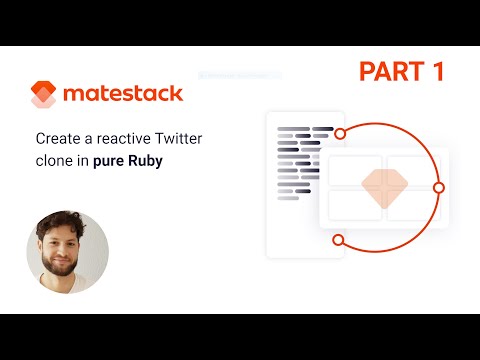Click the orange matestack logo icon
(40, 93)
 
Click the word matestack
(122, 94)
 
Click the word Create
(58, 140)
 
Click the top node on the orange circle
(340, 132)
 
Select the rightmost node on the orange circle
(438, 187)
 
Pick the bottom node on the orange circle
(338, 240)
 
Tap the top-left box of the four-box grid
(354, 170)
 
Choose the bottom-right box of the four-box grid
(414, 204)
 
